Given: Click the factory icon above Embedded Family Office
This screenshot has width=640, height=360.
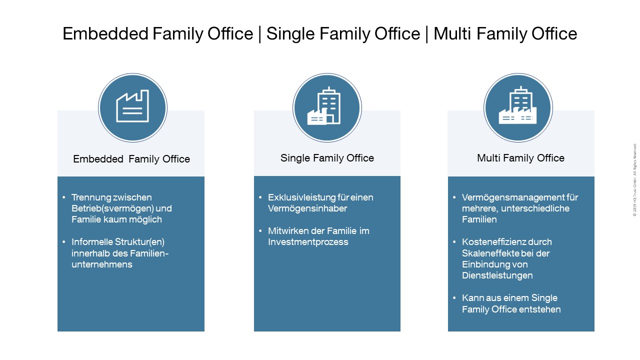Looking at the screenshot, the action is [132, 106].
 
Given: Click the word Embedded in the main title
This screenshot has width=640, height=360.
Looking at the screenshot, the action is [105, 33].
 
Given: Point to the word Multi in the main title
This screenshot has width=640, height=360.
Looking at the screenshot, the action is [452, 33].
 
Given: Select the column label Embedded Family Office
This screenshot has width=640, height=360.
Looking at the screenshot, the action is [131, 159].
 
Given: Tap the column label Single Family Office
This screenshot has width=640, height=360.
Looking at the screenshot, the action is [327, 158].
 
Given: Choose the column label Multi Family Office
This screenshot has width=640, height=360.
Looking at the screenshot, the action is [520, 158].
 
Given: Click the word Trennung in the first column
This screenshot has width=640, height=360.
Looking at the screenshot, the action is [90, 197].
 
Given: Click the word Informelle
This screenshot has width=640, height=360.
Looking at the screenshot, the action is [92, 242].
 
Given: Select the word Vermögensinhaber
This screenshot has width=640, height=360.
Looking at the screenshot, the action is [307, 208].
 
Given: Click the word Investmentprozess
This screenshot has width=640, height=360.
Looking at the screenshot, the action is [308, 242].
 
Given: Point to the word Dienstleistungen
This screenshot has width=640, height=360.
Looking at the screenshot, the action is [497, 275].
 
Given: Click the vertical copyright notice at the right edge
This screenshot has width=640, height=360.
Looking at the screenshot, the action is [634, 180].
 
